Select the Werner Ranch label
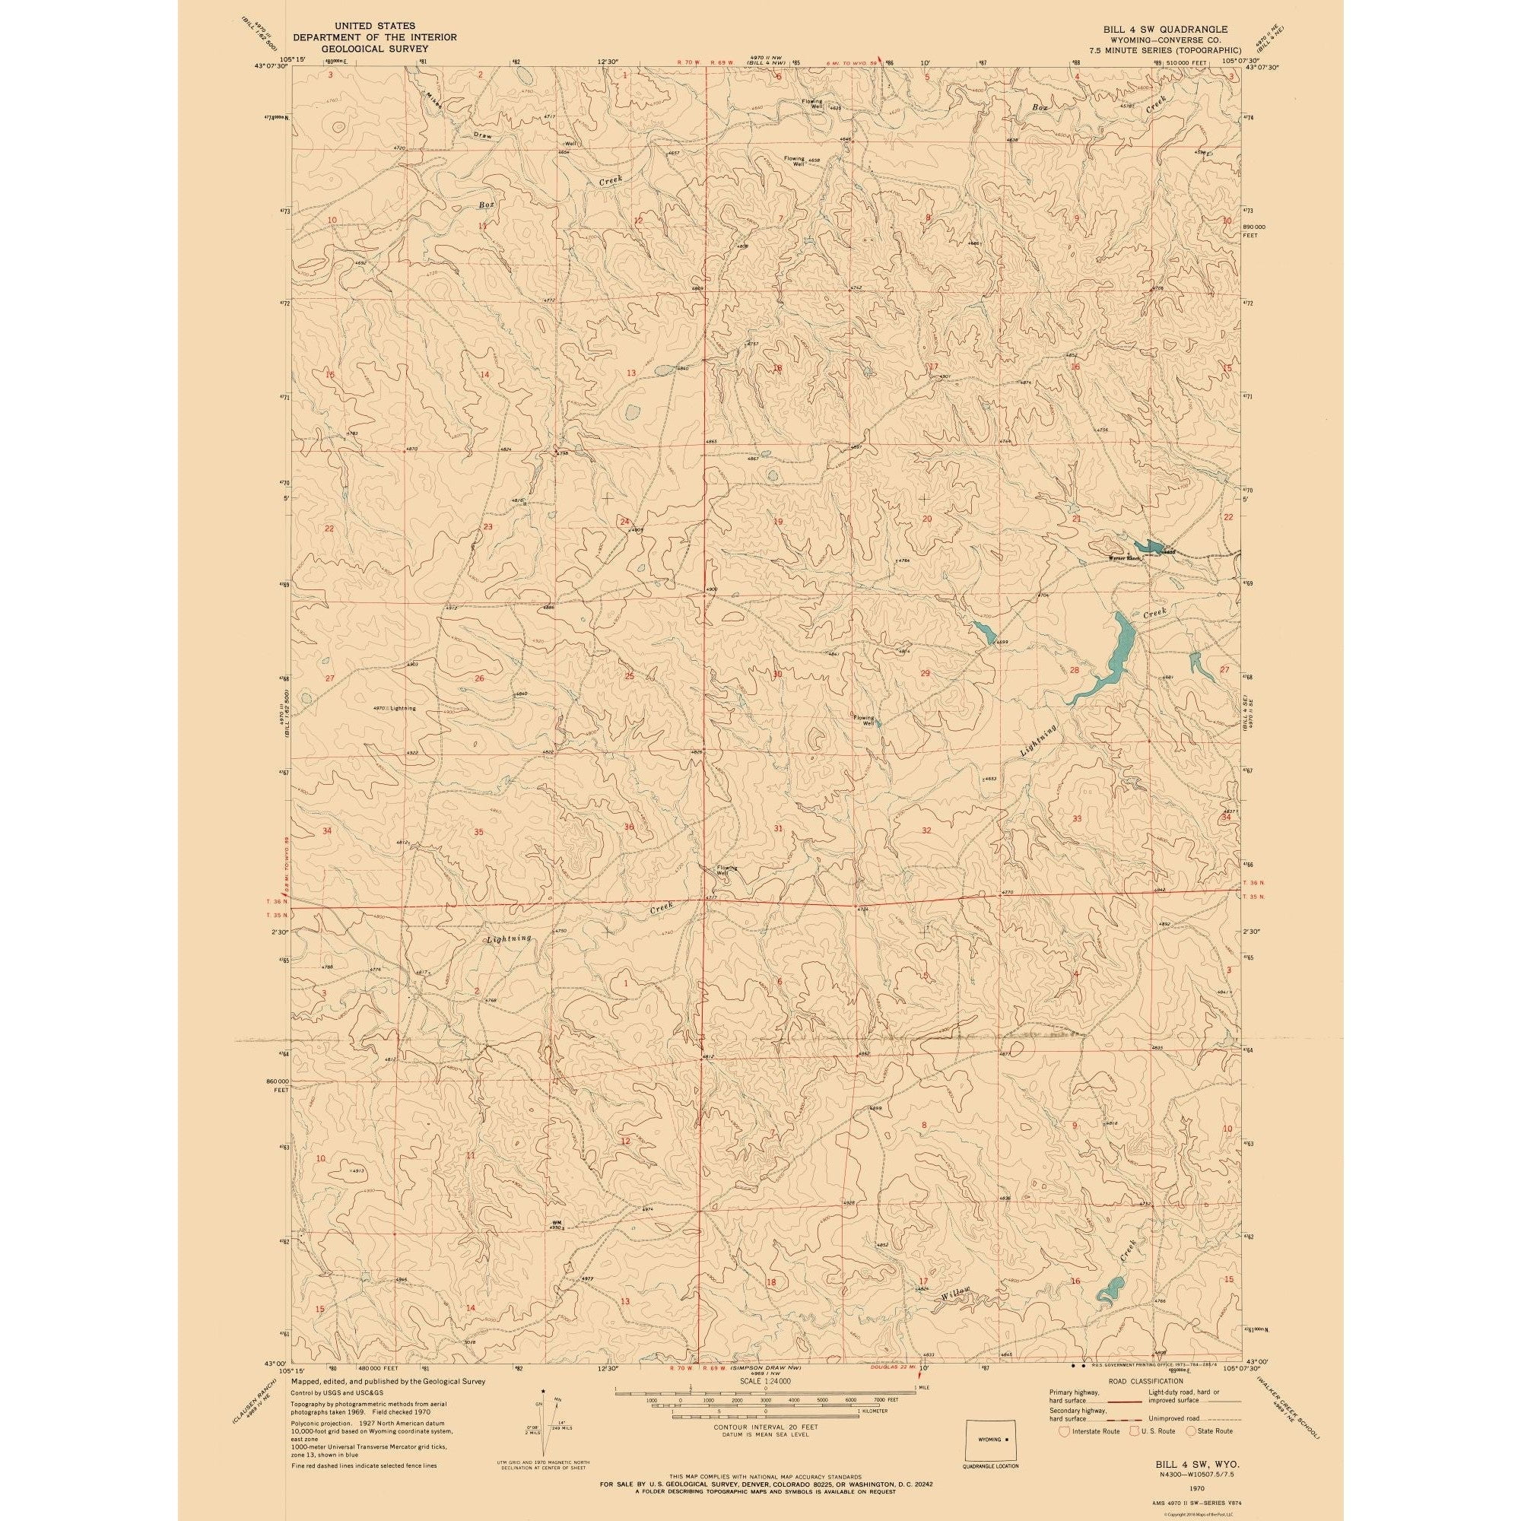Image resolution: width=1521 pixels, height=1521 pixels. (x=1123, y=558)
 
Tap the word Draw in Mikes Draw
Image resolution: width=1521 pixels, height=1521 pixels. (x=482, y=135)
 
